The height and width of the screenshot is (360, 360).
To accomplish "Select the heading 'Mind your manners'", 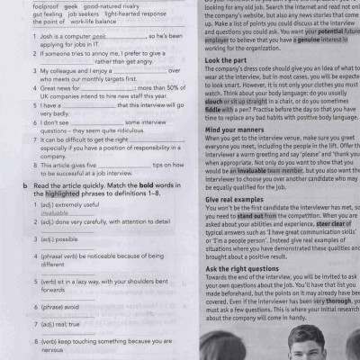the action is click(239, 130).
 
